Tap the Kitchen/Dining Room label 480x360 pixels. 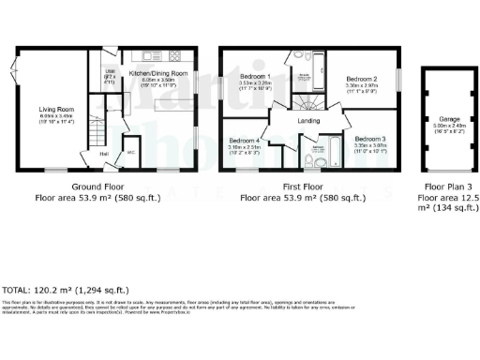(158, 73)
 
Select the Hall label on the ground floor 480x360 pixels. (103, 154)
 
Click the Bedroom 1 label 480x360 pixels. (255, 77)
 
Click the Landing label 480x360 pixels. (309, 119)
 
